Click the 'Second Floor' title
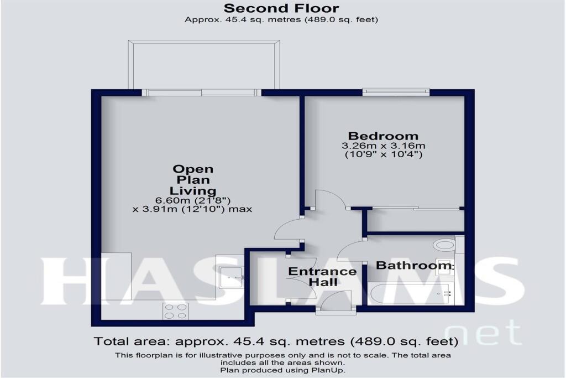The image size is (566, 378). tap(281, 8)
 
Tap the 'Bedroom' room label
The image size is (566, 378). tap(382, 136)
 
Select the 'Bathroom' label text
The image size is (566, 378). tap(413, 266)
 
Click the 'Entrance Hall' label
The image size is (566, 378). tap(323, 277)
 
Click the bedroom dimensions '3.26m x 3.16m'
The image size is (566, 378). tap(382, 146)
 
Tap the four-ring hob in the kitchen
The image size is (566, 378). tap(175, 311)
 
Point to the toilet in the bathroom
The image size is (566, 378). tap(444, 244)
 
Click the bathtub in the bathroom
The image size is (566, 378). tap(412, 293)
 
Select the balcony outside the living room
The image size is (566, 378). tap(204, 64)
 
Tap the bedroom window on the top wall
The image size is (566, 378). tap(396, 91)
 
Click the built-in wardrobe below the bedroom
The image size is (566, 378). tap(415, 220)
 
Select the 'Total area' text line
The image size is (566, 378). tap(276, 341)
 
